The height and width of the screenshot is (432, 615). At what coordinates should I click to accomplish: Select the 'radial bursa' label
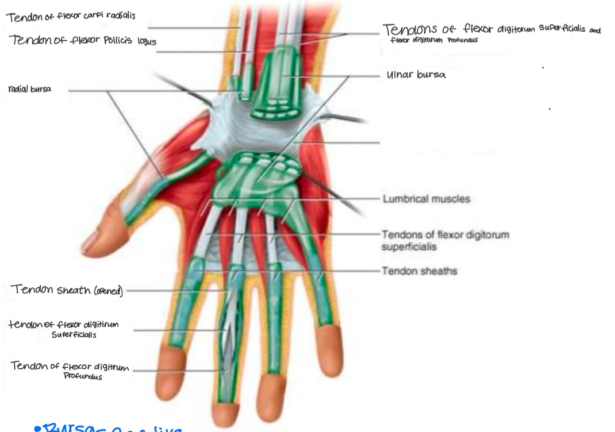[30, 89]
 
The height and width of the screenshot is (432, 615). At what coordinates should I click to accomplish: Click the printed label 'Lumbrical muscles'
[426, 199]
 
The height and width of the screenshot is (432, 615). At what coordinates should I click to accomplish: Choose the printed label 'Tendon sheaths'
[420, 270]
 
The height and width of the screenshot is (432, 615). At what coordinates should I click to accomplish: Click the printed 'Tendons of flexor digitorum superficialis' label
[445, 240]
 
